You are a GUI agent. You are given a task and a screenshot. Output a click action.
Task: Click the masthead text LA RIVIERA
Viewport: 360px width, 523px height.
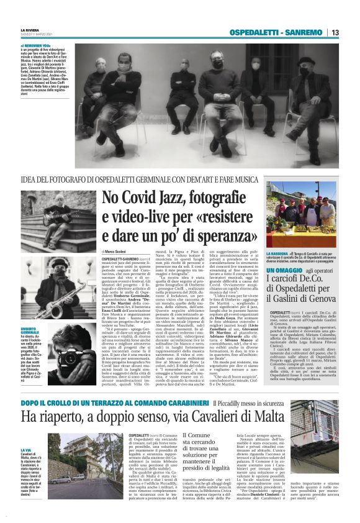[31, 29]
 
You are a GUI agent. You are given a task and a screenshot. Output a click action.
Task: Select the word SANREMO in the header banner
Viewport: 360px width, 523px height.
[304, 32]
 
